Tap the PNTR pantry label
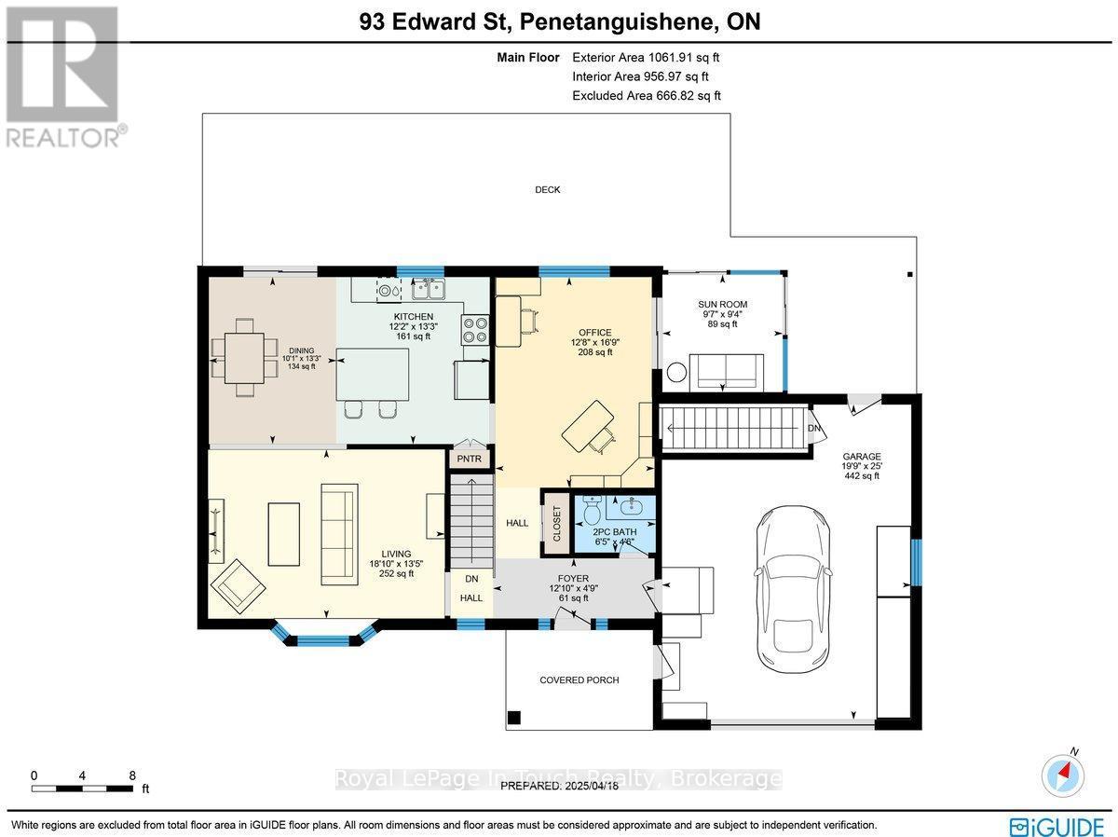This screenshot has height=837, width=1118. click(x=469, y=459)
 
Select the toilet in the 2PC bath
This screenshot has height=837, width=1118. click(x=592, y=510)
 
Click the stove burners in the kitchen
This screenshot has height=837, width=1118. click(x=475, y=330)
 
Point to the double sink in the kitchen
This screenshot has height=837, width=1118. click(x=429, y=289)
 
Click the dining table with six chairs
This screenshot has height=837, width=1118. click(x=244, y=357)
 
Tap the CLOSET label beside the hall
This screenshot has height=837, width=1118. click(x=556, y=524)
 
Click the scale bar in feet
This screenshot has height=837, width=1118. click(x=82, y=789)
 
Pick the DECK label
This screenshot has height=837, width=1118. click(x=548, y=189)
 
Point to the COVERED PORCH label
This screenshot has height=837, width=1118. click(x=579, y=680)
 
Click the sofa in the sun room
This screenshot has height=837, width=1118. click(x=726, y=371)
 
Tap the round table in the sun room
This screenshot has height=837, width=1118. click(x=676, y=372)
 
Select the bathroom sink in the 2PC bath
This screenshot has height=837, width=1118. click(x=631, y=506)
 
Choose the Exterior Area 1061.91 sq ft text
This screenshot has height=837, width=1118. click(x=646, y=57)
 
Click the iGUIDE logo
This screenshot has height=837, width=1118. click(x=1057, y=824)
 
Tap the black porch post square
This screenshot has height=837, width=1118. click(x=514, y=718)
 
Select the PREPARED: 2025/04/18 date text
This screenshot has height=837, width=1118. click(x=559, y=786)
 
